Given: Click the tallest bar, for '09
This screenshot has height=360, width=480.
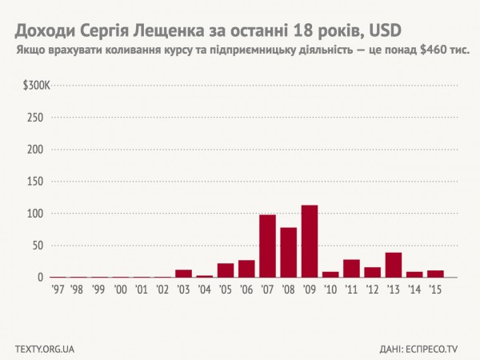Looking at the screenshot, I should click(x=310, y=242).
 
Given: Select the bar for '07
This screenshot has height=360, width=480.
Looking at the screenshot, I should click(x=267, y=246).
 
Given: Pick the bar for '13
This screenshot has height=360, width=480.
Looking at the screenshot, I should click(x=393, y=265).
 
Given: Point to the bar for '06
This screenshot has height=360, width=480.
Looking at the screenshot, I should click(x=246, y=269).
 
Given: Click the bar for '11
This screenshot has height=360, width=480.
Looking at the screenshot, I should click(x=351, y=269).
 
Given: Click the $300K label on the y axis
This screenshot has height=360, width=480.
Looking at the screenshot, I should click(x=36, y=85).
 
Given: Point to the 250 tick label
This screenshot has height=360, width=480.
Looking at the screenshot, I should click(x=35, y=118).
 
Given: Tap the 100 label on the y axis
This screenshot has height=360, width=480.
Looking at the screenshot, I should click(x=35, y=214).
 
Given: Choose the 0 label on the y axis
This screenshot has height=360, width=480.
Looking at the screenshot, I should click(x=41, y=278).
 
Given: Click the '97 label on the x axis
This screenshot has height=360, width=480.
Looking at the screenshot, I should click(x=58, y=289).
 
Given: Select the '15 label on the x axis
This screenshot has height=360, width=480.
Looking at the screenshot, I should click(x=435, y=289).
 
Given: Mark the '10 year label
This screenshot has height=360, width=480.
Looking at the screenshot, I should click(x=330, y=289).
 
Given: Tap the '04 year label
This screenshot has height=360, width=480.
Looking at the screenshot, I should click(x=204, y=289).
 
